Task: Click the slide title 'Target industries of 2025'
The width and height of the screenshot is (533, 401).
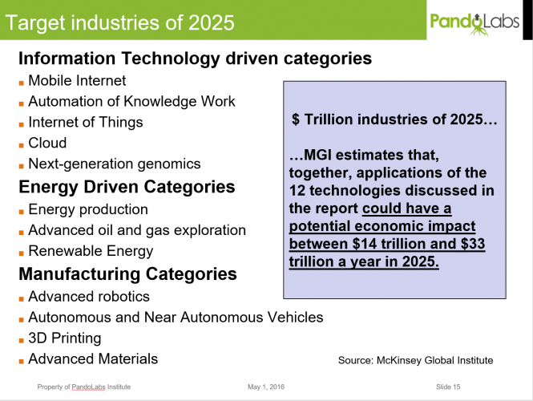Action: tap(120, 22)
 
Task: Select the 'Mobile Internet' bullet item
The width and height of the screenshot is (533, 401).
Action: tap(77, 81)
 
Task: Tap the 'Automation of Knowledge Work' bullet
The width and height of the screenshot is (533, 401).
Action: tap(131, 102)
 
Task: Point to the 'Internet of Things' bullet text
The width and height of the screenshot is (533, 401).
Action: tap(85, 123)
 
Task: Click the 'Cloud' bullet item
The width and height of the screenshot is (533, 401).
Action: tap(47, 144)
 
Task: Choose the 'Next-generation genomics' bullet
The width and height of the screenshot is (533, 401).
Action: tap(114, 164)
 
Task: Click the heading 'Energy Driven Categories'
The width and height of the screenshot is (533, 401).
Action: tap(127, 187)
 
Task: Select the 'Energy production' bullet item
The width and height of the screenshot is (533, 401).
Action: tap(88, 209)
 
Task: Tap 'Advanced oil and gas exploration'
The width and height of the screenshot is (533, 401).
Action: tap(136, 230)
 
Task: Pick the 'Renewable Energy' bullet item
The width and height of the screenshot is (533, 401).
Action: tap(91, 251)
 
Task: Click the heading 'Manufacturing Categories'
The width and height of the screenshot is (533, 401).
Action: tap(127, 274)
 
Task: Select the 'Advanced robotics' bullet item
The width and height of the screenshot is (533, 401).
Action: tap(88, 297)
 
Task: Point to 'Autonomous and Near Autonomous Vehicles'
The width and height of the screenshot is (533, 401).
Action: tap(176, 318)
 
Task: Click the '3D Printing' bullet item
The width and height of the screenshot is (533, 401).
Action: tap(64, 338)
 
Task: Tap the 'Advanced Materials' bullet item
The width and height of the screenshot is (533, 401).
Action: tap(93, 359)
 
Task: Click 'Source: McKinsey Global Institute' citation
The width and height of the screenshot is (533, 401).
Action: tap(415, 361)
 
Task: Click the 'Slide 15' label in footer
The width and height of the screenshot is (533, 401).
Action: tap(448, 387)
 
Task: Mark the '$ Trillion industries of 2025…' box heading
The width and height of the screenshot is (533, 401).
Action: tap(394, 119)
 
